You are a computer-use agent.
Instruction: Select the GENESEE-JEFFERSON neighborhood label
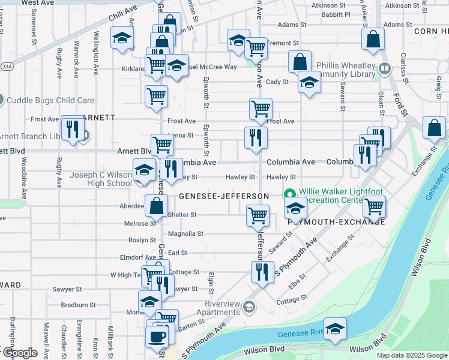pos(223,196)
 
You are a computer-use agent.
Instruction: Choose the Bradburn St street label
pos(79,305)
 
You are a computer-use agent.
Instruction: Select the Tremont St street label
pos(283,43)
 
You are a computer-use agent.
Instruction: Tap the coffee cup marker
pos(158,336)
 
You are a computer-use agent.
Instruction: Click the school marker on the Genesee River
pos(335,328)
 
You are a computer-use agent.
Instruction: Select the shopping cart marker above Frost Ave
pos(261,109)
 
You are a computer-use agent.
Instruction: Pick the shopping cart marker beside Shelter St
pos(258,215)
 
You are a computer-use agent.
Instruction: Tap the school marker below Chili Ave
pos(122,39)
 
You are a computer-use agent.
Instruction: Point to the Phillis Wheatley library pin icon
pos(385,70)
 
